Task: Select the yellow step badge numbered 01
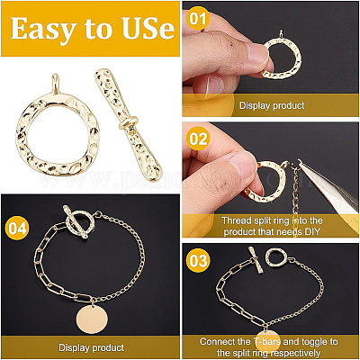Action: (x=198, y=19)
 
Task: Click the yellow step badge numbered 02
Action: (x=198, y=139)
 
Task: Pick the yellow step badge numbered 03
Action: (x=198, y=260)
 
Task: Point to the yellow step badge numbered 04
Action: (x=17, y=228)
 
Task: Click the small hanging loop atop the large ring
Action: (x=56, y=84)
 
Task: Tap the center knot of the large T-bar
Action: (x=129, y=122)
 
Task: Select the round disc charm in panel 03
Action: (x=268, y=341)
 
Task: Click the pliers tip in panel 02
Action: (x=301, y=164)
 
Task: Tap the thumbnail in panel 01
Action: (x=256, y=52)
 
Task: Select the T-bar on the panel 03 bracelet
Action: (x=256, y=259)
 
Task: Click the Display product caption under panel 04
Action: (x=91, y=347)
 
